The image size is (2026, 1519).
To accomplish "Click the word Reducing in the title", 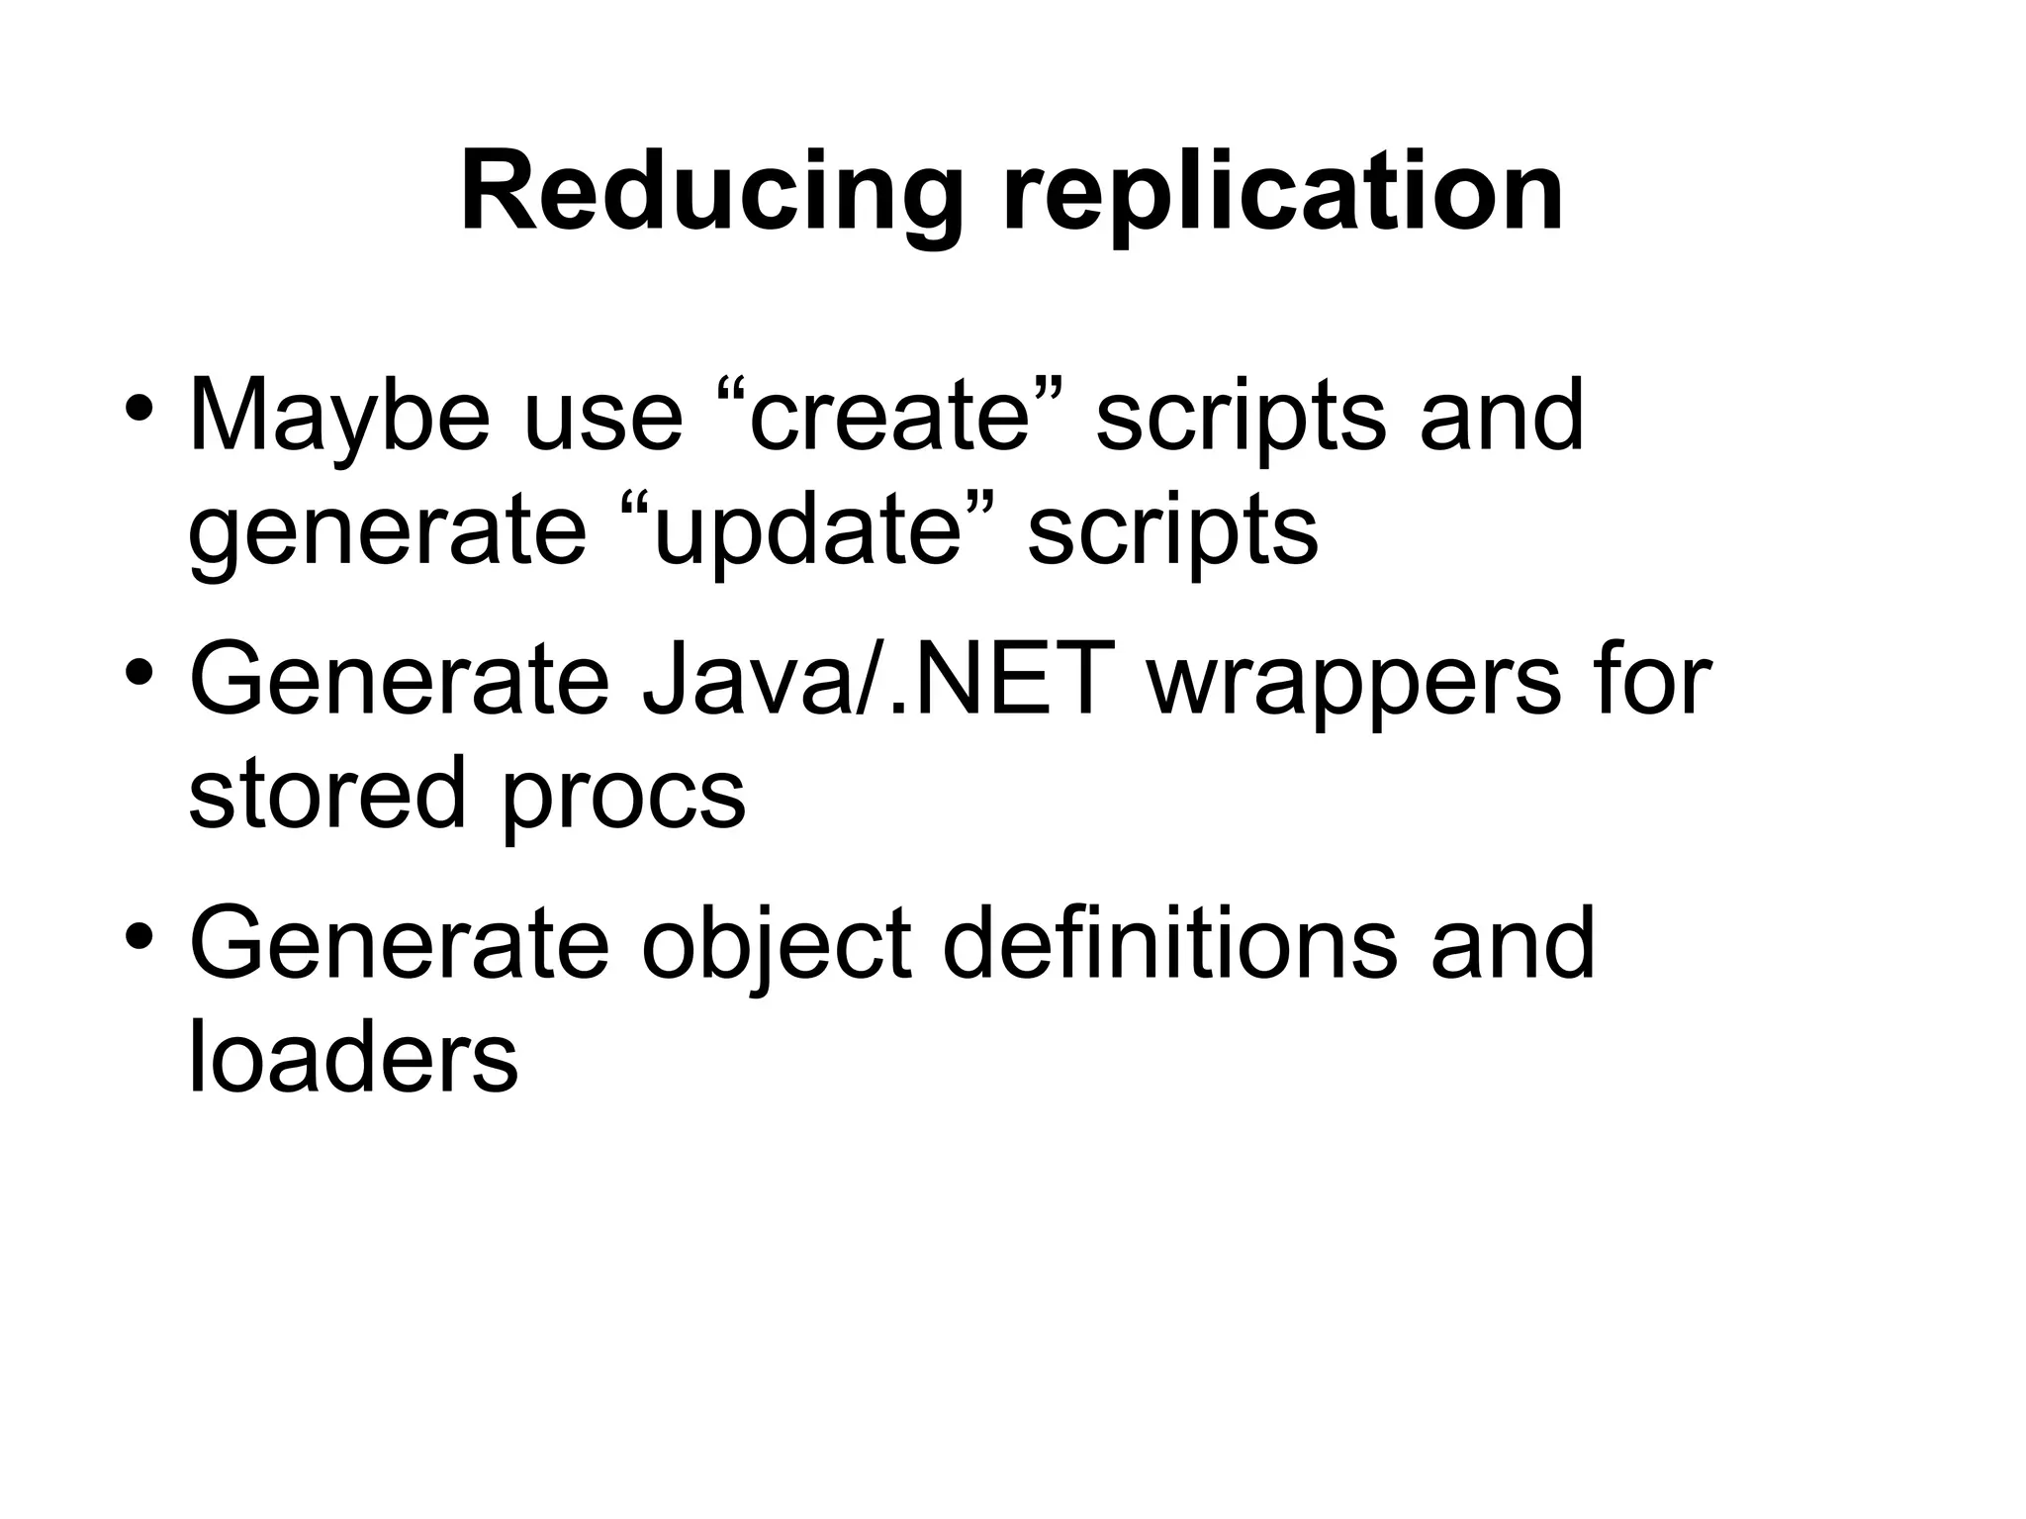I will tap(711, 193).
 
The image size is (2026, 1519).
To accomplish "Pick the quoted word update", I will tap(807, 532).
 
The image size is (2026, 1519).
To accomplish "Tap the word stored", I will tap(326, 794).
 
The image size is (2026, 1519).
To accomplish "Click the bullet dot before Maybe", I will tap(138, 408).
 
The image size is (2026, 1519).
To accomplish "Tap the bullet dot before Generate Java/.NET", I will tap(138, 672).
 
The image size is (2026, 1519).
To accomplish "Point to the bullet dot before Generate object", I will tap(138, 935).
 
